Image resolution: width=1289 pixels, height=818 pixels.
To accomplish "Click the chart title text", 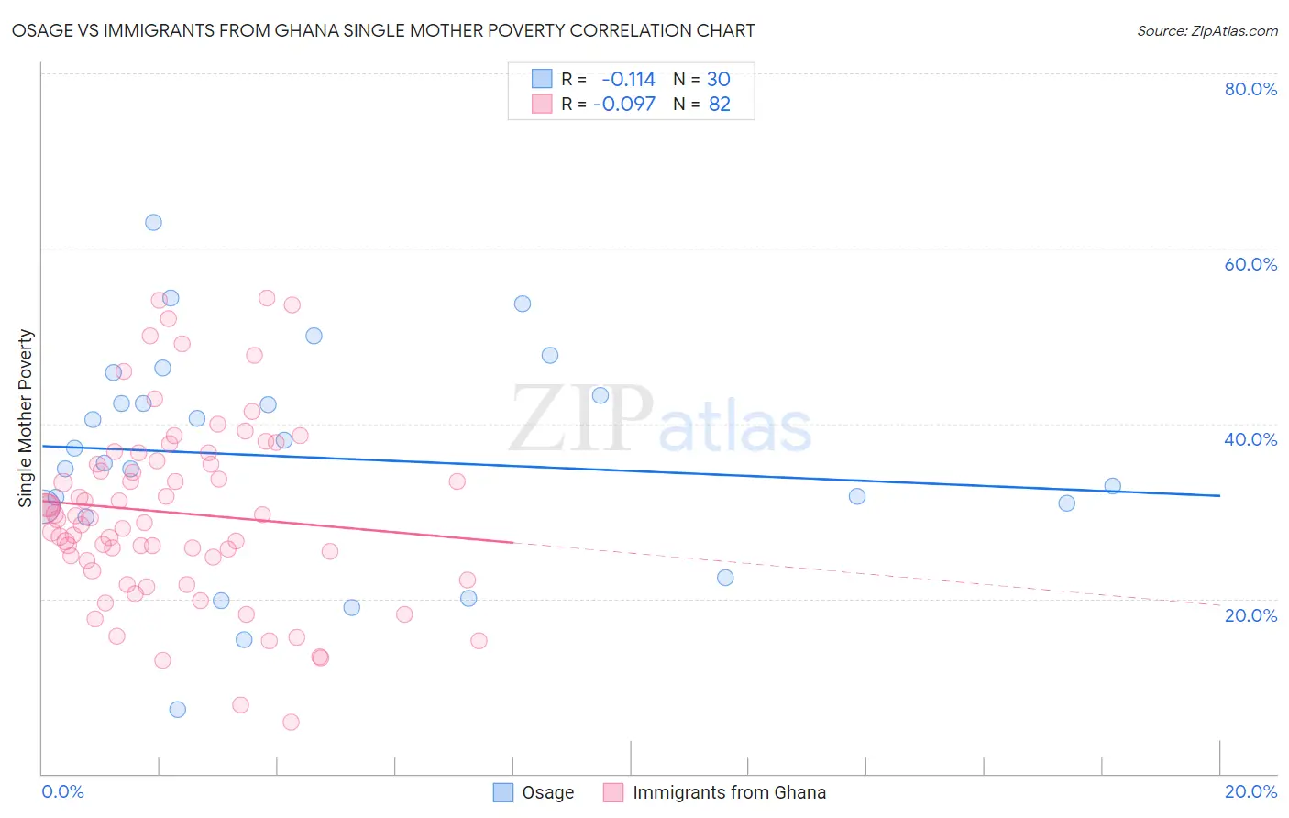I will tap(383, 30).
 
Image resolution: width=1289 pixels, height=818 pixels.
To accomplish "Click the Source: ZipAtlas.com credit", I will tap(1206, 30).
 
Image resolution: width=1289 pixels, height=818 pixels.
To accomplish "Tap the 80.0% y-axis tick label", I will tap(1250, 89).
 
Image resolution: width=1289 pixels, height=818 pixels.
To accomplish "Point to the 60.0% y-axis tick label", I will tap(1250, 264).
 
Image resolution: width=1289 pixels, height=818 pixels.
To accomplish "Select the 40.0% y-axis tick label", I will tap(1250, 439).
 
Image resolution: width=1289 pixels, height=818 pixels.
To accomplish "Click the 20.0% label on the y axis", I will tap(1250, 614).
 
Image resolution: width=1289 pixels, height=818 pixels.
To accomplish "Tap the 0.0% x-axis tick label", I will tap(62, 791).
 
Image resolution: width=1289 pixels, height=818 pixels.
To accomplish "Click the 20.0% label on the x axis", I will tap(1250, 791).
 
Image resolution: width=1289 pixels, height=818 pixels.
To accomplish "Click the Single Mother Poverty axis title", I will tap(26, 418).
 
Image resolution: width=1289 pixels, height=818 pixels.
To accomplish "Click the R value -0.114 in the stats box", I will tap(628, 79).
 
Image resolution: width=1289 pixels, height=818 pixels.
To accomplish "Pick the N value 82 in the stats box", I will tap(720, 104).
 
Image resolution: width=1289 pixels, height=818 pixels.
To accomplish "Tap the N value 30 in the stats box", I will tap(718, 79).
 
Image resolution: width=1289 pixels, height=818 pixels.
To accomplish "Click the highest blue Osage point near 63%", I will tap(153, 222).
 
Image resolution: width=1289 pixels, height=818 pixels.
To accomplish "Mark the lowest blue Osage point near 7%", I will tap(178, 709).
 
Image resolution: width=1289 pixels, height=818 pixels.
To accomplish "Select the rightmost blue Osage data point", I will tap(1112, 486).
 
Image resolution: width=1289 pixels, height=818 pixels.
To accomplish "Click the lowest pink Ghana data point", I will tap(291, 722).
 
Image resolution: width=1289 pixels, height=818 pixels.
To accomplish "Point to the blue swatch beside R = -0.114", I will tap(542, 79).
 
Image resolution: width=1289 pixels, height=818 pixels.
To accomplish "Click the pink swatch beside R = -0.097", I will tap(542, 104).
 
